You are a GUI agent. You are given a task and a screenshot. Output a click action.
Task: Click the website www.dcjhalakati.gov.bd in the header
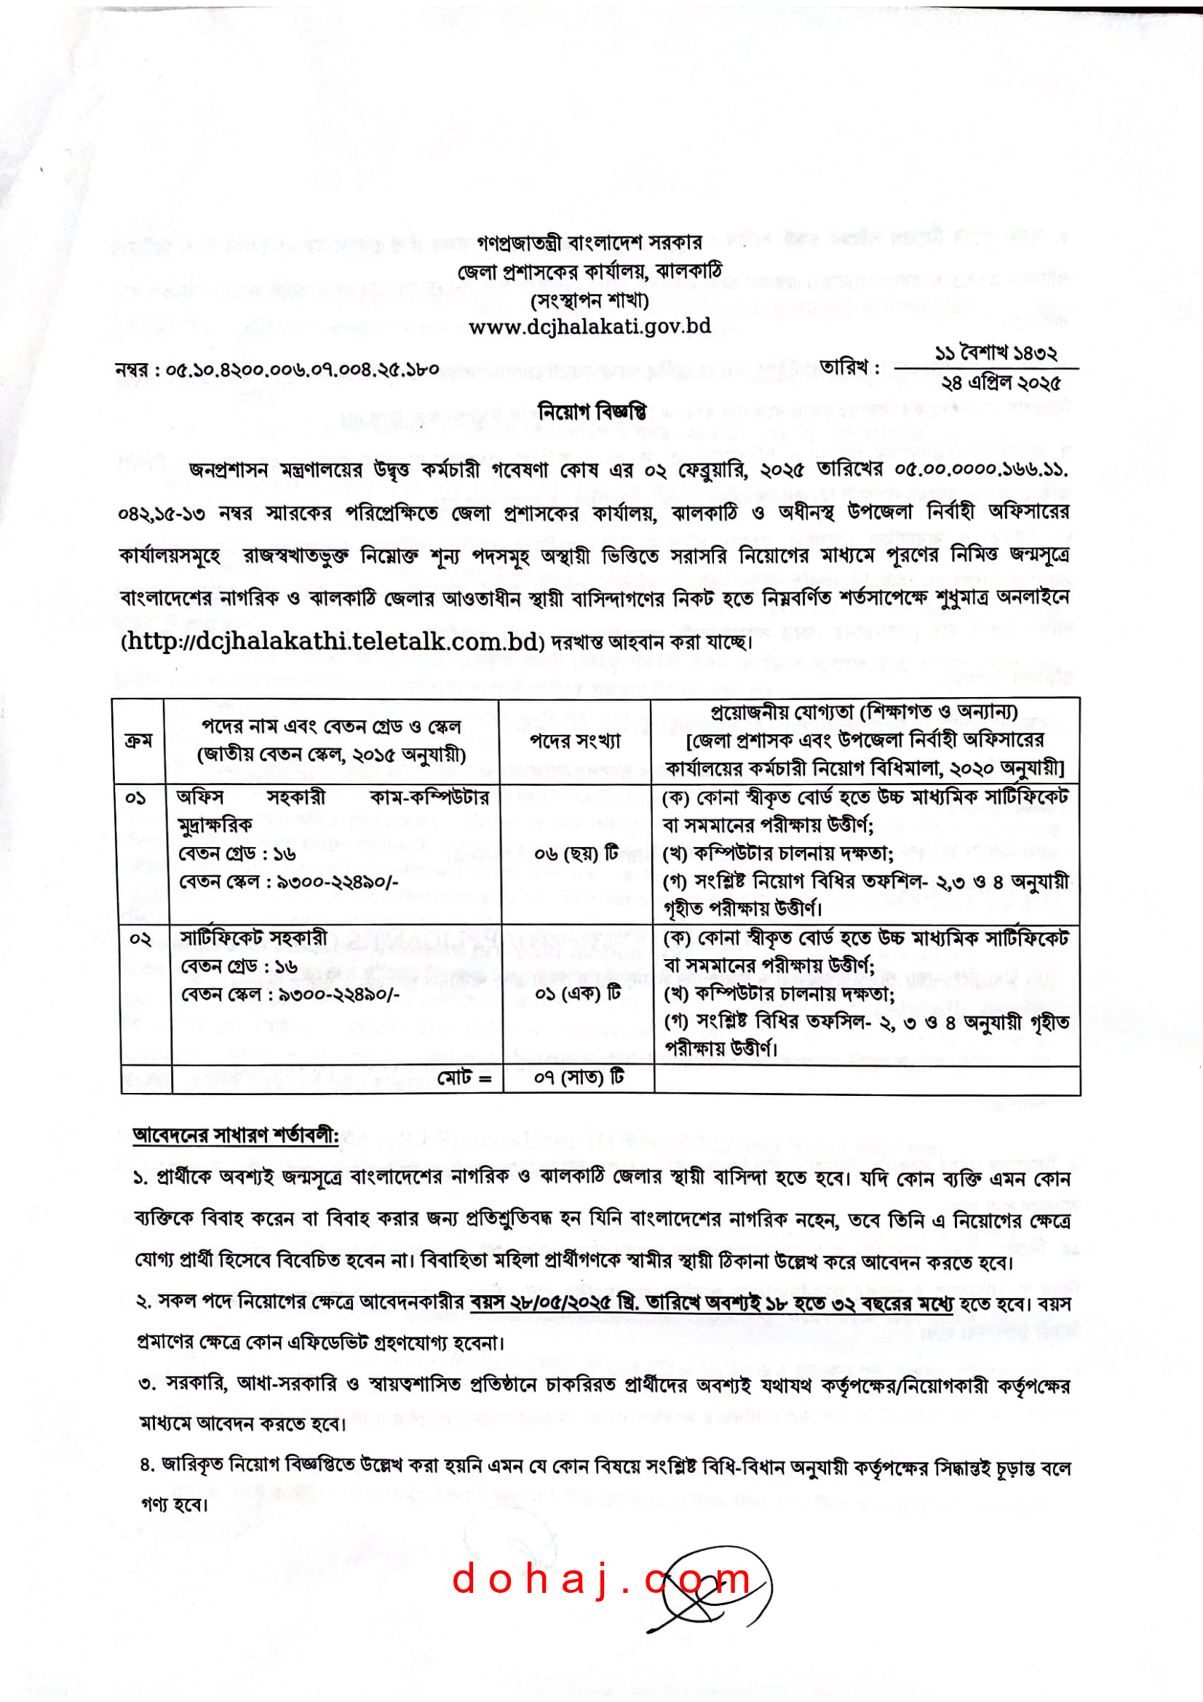[x=589, y=326]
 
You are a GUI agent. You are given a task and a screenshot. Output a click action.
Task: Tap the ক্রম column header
[x=138, y=741]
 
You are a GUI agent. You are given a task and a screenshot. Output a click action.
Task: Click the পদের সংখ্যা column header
[x=574, y=741]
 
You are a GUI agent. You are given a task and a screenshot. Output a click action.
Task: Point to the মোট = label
[x=464, y=1078]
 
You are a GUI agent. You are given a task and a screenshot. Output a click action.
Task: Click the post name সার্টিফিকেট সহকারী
[x=253, y=939]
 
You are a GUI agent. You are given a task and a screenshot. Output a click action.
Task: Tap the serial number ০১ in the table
[x=135, y=798]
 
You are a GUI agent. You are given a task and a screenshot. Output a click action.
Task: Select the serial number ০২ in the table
[x=140, y=939]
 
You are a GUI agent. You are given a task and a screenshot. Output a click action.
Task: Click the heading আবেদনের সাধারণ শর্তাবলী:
[x=235, y=1136]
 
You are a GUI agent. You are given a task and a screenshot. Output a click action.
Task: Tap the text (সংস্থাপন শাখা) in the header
[x=589, y=301]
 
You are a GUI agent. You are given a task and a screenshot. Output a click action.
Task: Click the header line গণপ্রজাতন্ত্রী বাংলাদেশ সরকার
[x=589, y=242]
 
